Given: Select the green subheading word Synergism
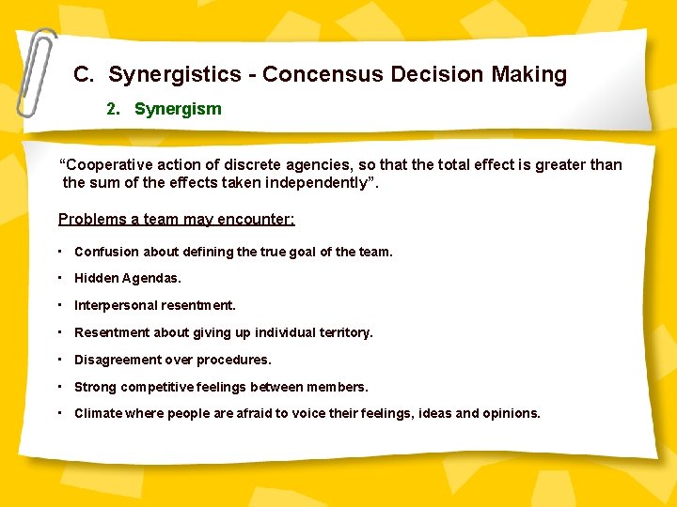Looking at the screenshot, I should point(178,109).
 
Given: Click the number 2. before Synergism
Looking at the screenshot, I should point(114,109).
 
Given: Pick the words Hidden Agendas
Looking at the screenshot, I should point(128,278).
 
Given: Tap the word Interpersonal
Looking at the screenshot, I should point(116,305).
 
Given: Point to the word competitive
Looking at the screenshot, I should point(162,387).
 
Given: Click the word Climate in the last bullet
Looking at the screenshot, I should point(98,413).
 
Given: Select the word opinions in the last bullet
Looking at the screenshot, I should point(511,413).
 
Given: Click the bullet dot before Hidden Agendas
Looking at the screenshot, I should point(59,278).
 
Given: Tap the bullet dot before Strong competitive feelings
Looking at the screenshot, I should point(59,386).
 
